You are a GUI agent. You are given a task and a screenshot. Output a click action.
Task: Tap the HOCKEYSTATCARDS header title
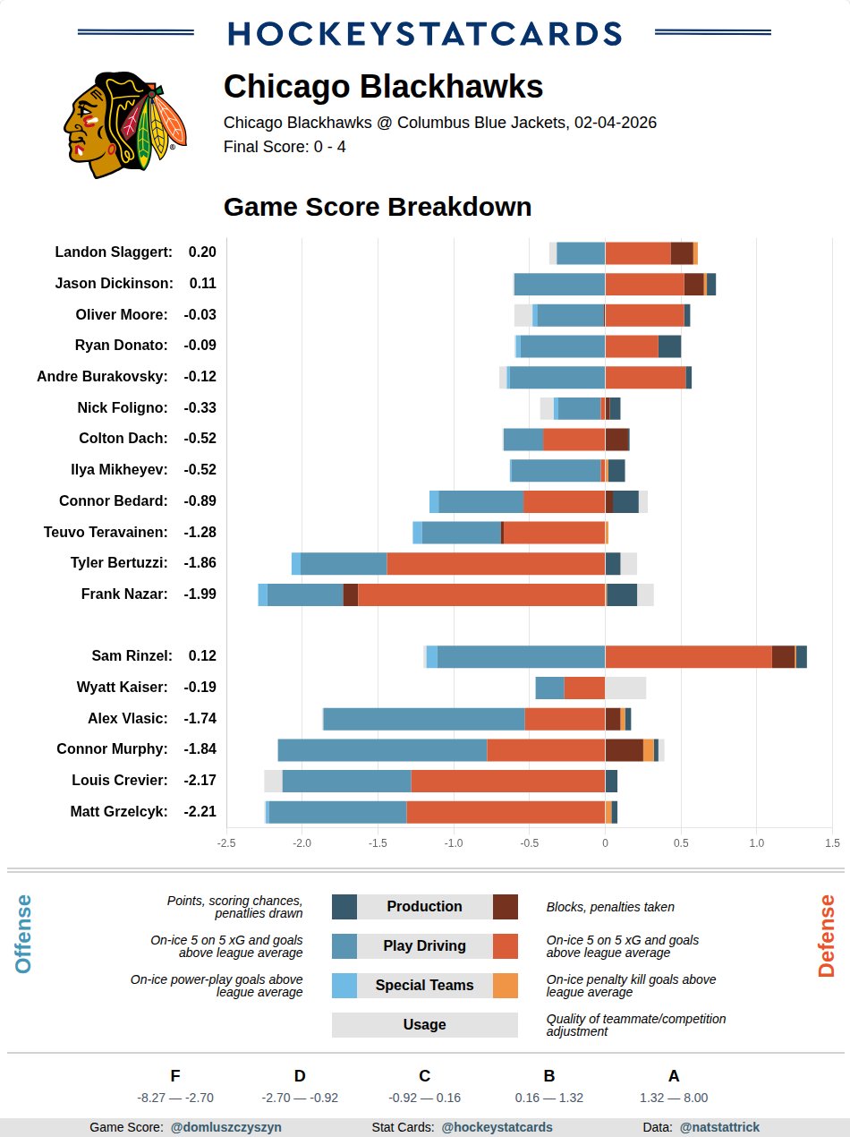click(425, 34)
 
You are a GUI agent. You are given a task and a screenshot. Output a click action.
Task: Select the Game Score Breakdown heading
click(377, 207)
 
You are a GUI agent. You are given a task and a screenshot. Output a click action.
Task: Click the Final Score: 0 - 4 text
click(285, 147)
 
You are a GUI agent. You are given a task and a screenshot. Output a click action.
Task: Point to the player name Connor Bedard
click(113, 501)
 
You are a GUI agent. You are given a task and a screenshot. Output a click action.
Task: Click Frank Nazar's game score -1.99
click(200, 594)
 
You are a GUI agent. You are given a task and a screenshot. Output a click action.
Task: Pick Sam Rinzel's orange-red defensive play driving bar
click(688, 656)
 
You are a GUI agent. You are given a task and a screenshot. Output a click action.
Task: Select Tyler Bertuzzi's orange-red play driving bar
click(496, 563)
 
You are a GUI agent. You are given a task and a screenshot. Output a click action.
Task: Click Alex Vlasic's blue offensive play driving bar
click(424, 718)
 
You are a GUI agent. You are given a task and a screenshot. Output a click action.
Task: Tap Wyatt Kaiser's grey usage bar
click(625, 688)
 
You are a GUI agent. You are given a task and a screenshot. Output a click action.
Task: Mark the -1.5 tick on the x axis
click(378, 842)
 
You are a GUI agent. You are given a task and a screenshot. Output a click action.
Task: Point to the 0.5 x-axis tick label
click(681, 842)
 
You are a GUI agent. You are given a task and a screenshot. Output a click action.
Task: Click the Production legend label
click(424, 907)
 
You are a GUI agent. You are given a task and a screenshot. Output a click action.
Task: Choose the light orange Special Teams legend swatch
click(506, 986)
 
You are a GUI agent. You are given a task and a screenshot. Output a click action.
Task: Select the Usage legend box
click(424, 1025)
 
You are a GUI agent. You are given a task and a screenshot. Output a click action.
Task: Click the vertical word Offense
click(23, 934)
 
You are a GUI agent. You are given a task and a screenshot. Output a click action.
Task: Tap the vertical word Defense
click(826, 936)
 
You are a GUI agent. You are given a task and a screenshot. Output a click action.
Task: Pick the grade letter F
click(174, 1076)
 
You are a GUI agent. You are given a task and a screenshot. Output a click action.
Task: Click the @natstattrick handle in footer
click(719, 1128)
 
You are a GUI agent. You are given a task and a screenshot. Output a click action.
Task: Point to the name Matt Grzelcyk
click(118, 812)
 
